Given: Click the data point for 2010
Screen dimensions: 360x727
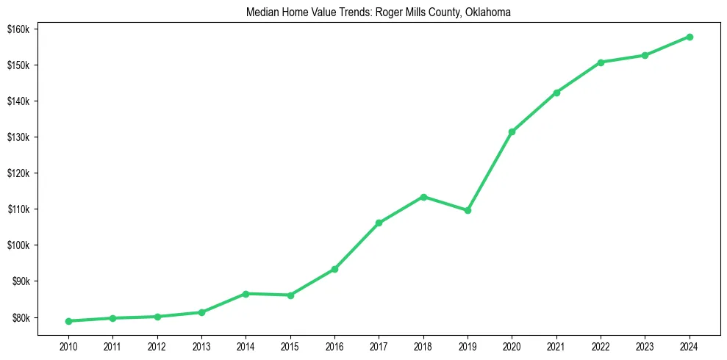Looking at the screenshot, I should (x=68, y=321).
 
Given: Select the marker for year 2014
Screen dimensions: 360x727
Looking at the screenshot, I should (x=246, y=294).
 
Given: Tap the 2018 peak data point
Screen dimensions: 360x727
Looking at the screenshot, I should (x=423, y=197).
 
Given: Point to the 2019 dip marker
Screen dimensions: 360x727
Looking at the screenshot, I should (x=468, y=210).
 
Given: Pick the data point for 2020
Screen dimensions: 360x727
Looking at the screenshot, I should (x=512, y=132).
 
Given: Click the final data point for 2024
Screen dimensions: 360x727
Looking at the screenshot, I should (x=690, y=37).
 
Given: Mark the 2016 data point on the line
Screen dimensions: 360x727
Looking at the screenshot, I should (x=334, y=269).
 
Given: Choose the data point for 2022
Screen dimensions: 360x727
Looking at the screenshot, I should (x=601, y=62).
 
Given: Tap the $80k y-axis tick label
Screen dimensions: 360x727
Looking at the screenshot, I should (x=18, y=318).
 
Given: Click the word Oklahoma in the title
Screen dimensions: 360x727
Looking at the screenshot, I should (x=487, y=12).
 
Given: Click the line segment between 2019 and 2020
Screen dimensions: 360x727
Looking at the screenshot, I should (x=490, y=170).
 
